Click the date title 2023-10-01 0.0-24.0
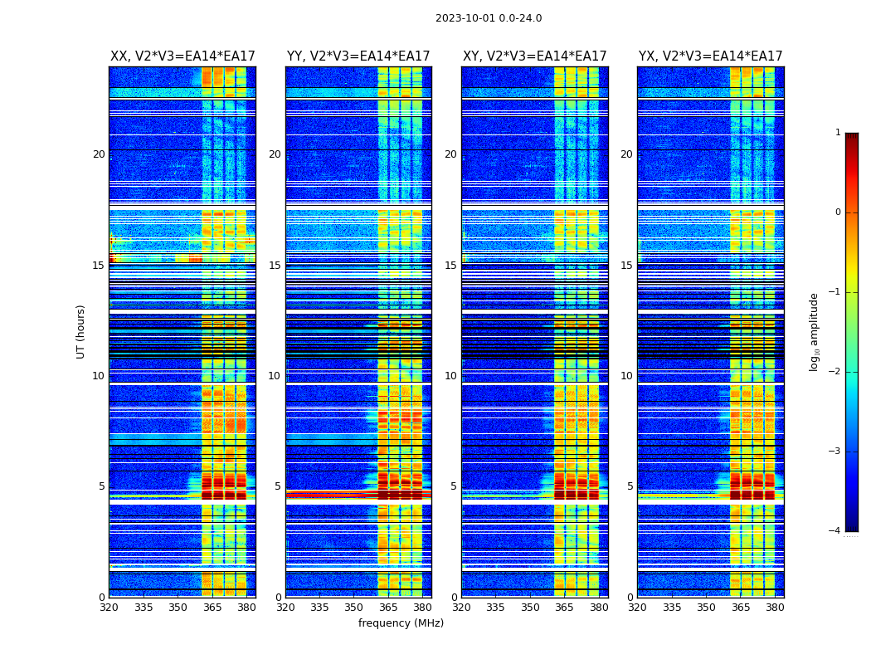[x=489, y=18]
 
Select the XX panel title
[x=182, y=56]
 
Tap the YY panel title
[x=358, y=56]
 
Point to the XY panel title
[x=534, y=56]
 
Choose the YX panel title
[x=710, y=56]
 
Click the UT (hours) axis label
[x=81, y=331]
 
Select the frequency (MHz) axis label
[x=401, y=623]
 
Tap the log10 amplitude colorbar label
[x=815, y=331]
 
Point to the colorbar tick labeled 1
[x=838, y=133]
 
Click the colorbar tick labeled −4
[x=835, y=531]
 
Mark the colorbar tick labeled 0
[x=838, y=212]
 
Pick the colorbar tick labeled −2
[x=835, y=372]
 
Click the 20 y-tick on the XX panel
[x=99, y=154]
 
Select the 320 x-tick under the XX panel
[x=109, y=608]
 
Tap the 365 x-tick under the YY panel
[x=388, y=608]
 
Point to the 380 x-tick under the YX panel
[x=775, y=608]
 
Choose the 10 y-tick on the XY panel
[x=450, y=376]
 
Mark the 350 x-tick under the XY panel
[x=530, y=608]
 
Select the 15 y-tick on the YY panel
[x=275, y=266]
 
